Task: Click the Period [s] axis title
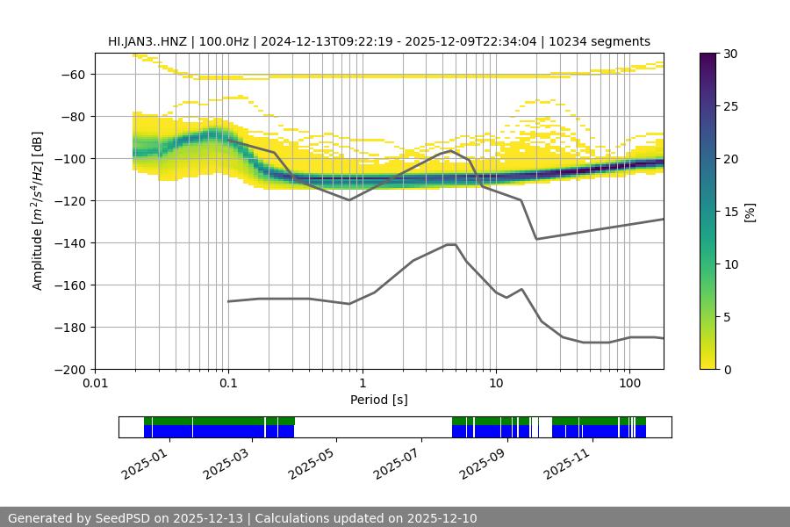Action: (378, 401)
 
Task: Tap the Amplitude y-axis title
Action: (38, 211)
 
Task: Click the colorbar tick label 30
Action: (730, 54)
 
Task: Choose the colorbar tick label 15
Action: (730, 212)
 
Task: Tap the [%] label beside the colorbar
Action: (749, 211)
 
